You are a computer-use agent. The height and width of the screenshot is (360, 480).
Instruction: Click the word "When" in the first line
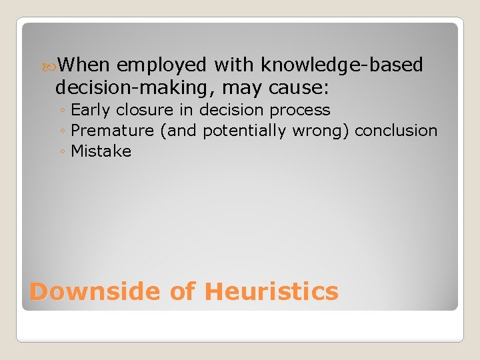click(x=84, y=65)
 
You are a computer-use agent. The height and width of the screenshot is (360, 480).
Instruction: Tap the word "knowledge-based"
click(x=342, y=65)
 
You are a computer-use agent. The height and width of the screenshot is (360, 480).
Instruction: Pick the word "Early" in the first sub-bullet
click(x=91, y=110)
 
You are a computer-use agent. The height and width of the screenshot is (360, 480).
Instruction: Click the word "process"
click(x=303, y=110)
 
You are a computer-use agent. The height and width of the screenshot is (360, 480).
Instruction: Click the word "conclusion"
click(x=396, y=131)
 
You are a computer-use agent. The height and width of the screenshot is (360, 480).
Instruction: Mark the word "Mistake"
click(x=101, y=151)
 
